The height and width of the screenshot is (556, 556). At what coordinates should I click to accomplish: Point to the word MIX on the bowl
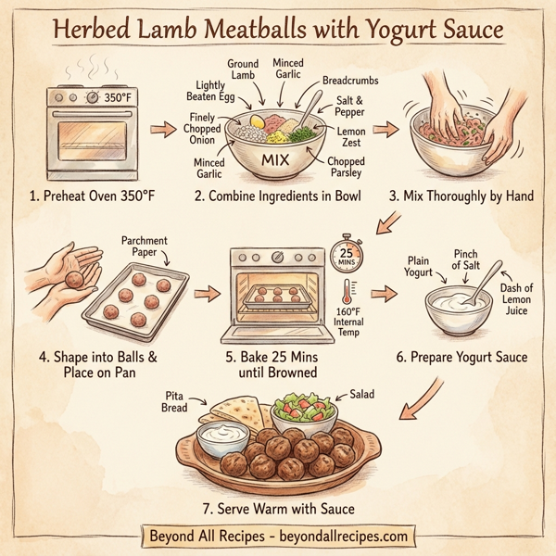coord(277,160)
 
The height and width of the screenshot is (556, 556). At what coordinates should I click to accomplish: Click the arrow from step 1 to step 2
coord(162,130)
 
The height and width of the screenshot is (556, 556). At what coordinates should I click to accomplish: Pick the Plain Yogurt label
coord(419,266)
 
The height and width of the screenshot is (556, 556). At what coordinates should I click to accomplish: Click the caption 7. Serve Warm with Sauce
coord(277,507)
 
